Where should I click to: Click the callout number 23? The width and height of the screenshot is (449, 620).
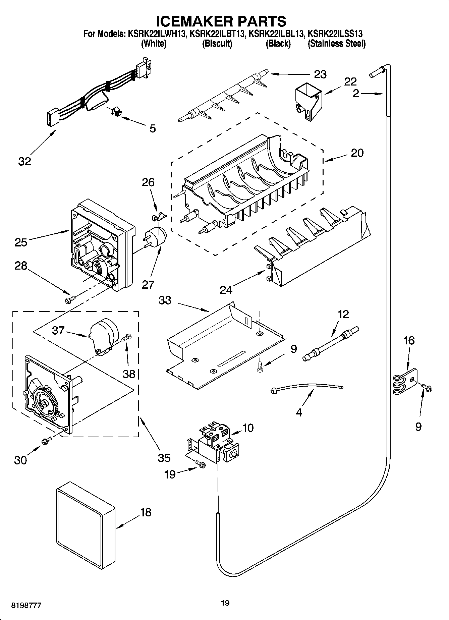tap(320, 74)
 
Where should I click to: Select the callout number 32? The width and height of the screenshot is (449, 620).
tap(24, 161)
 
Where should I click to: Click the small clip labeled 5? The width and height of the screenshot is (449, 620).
tap(115, 112)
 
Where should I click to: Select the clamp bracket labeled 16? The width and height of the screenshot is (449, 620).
tap(405, 382)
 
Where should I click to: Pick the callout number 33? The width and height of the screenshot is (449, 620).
tap(165, 300)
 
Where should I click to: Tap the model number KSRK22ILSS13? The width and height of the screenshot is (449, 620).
tap(335, 34)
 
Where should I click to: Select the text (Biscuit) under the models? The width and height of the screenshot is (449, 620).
tap(217, 44)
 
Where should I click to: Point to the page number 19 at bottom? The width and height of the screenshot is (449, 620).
tap(225, 603)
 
